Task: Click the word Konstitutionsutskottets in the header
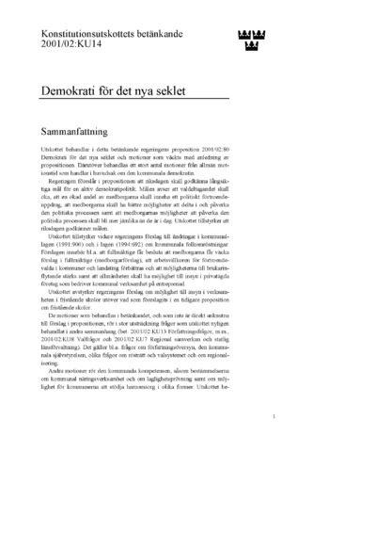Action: (x=87, y=33)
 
